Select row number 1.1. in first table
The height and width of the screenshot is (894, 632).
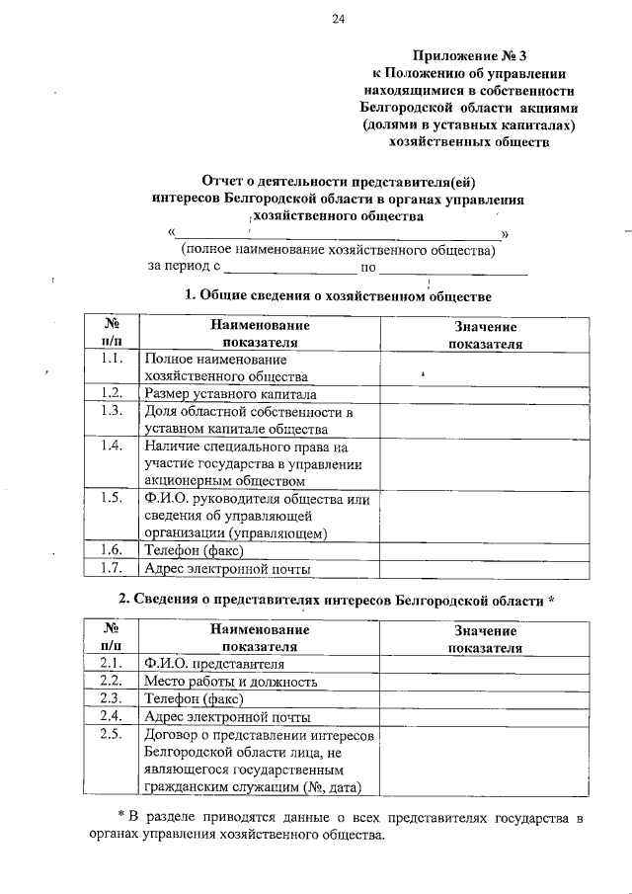click(111, 358)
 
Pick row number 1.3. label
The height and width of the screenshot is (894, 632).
click(111, 411)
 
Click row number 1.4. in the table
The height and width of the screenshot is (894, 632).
click(111, 446)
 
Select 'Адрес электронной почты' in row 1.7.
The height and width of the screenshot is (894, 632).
click(227, 569)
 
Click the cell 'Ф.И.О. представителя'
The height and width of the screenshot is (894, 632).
click(213, 664)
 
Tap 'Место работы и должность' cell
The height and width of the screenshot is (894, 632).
click(230, 682)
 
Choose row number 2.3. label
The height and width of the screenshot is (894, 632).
click(111, 699)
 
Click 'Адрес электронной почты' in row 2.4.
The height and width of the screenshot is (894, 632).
click(227, 717)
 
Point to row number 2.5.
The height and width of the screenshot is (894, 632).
click(111, 735)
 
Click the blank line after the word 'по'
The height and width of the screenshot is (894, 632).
click(453, 267)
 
